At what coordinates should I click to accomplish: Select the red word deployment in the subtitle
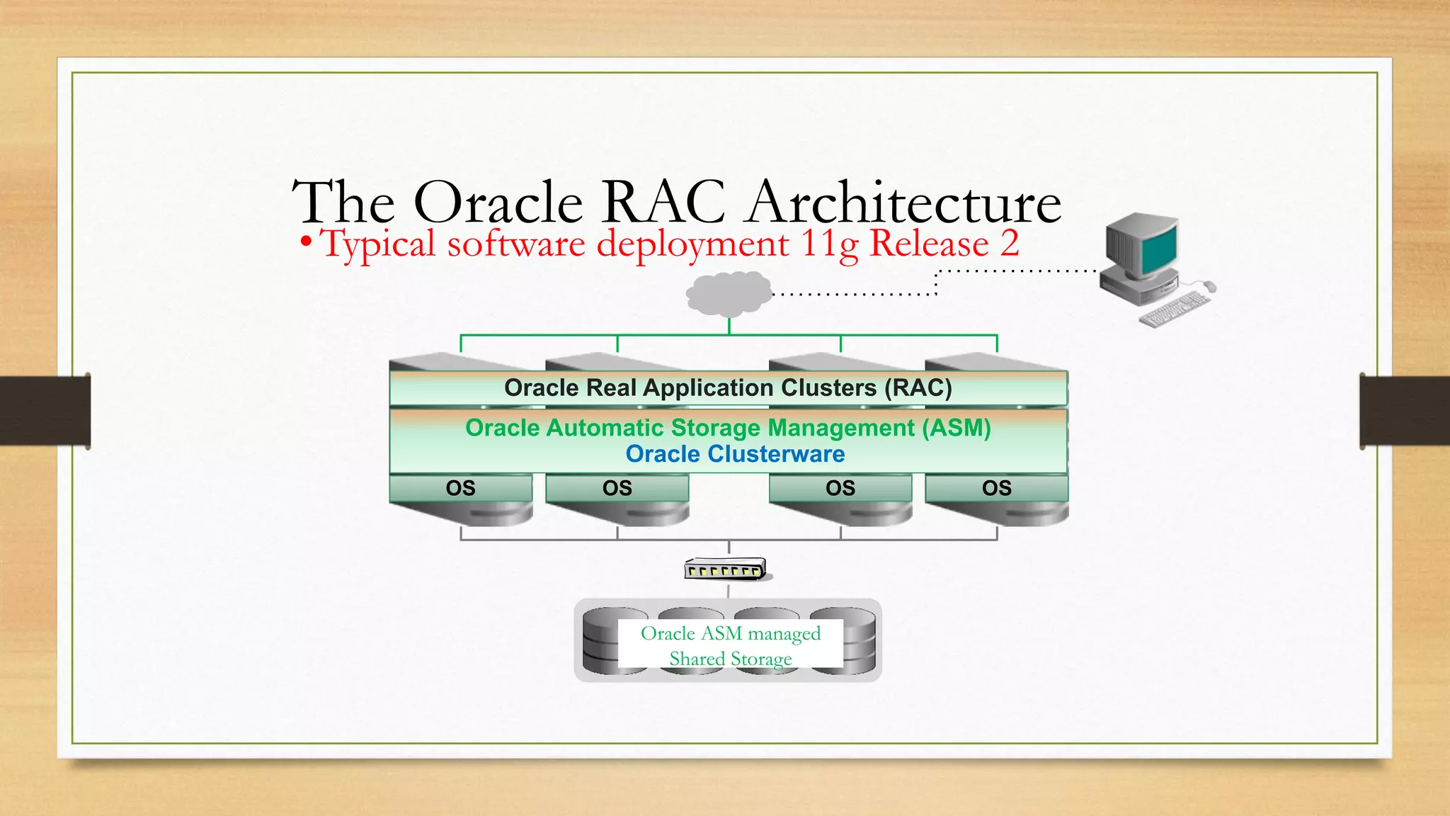(692, 244)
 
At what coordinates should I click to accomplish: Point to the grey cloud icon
(729, 293)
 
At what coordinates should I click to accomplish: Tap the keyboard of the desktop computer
(1175, 310)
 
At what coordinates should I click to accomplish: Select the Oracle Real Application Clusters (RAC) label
(728, 388)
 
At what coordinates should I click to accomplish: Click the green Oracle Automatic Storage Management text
(728, 428)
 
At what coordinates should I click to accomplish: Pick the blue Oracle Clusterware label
(735, 454)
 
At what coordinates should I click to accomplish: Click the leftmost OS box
(460, 488)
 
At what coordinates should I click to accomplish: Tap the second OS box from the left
(617, 488)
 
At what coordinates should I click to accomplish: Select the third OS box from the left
(840, 488)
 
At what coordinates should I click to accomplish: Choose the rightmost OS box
(996, 488)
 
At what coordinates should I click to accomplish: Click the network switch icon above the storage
(726, 569)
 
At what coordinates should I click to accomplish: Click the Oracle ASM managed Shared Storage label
(731, 645)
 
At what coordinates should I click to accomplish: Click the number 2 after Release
(1010, 244)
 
